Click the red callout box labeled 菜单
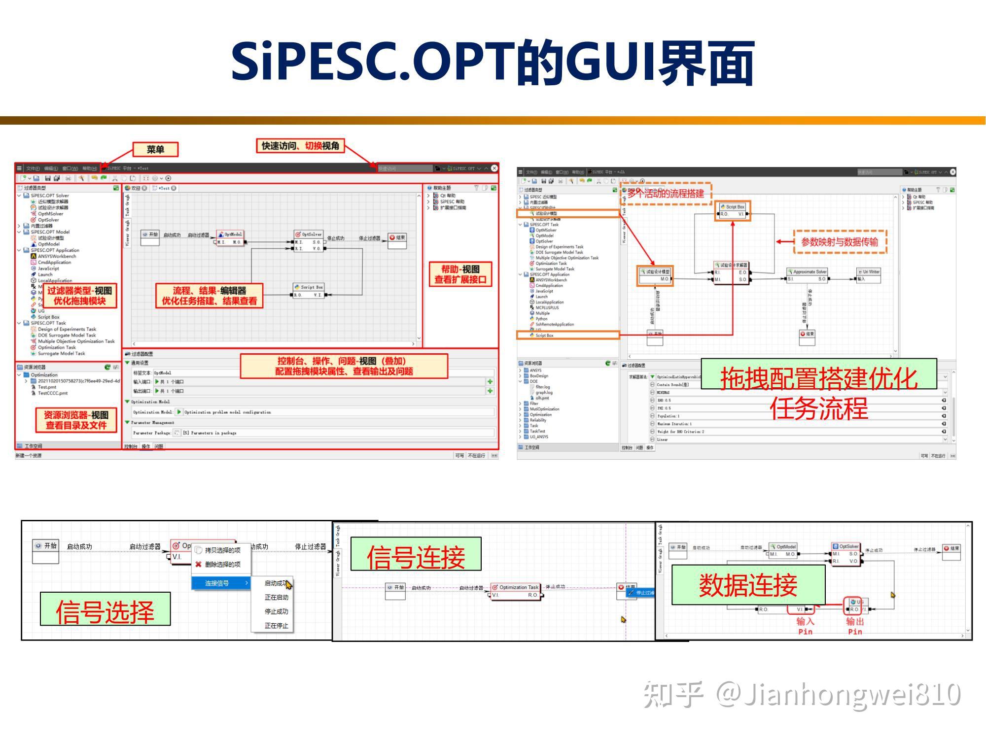pos(155,149)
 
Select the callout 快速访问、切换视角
pos(300,146)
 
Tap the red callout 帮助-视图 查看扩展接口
pos(460,274)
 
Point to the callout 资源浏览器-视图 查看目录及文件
pos(76,420)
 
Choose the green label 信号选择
pos(105,609)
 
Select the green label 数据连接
pos(748,585)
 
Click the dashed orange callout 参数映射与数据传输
pos(840,242)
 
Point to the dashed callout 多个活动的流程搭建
pos(666,194)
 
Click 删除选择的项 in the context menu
pos(222,565)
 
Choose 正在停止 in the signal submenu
pos(276,626)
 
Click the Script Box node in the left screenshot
pos(308,291)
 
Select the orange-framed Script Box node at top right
pos(733,210)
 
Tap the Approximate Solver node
pos(808,275)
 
